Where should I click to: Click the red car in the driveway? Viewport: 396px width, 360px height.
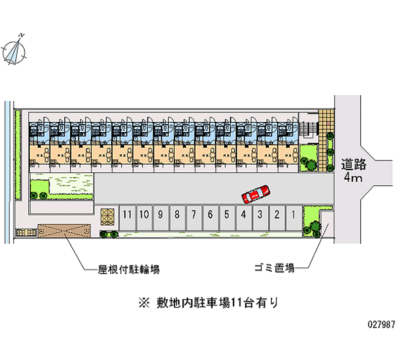[x=255, y=194]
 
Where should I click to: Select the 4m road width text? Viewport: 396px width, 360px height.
[x=353, y=177]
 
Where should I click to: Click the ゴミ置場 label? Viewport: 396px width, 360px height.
[x=274, y=268]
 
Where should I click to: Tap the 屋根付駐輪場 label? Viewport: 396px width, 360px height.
[x=128, y=269]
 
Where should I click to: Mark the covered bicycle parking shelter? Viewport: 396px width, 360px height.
[x=64, y=230]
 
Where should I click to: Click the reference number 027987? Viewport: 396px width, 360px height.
[x=381, y=324]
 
